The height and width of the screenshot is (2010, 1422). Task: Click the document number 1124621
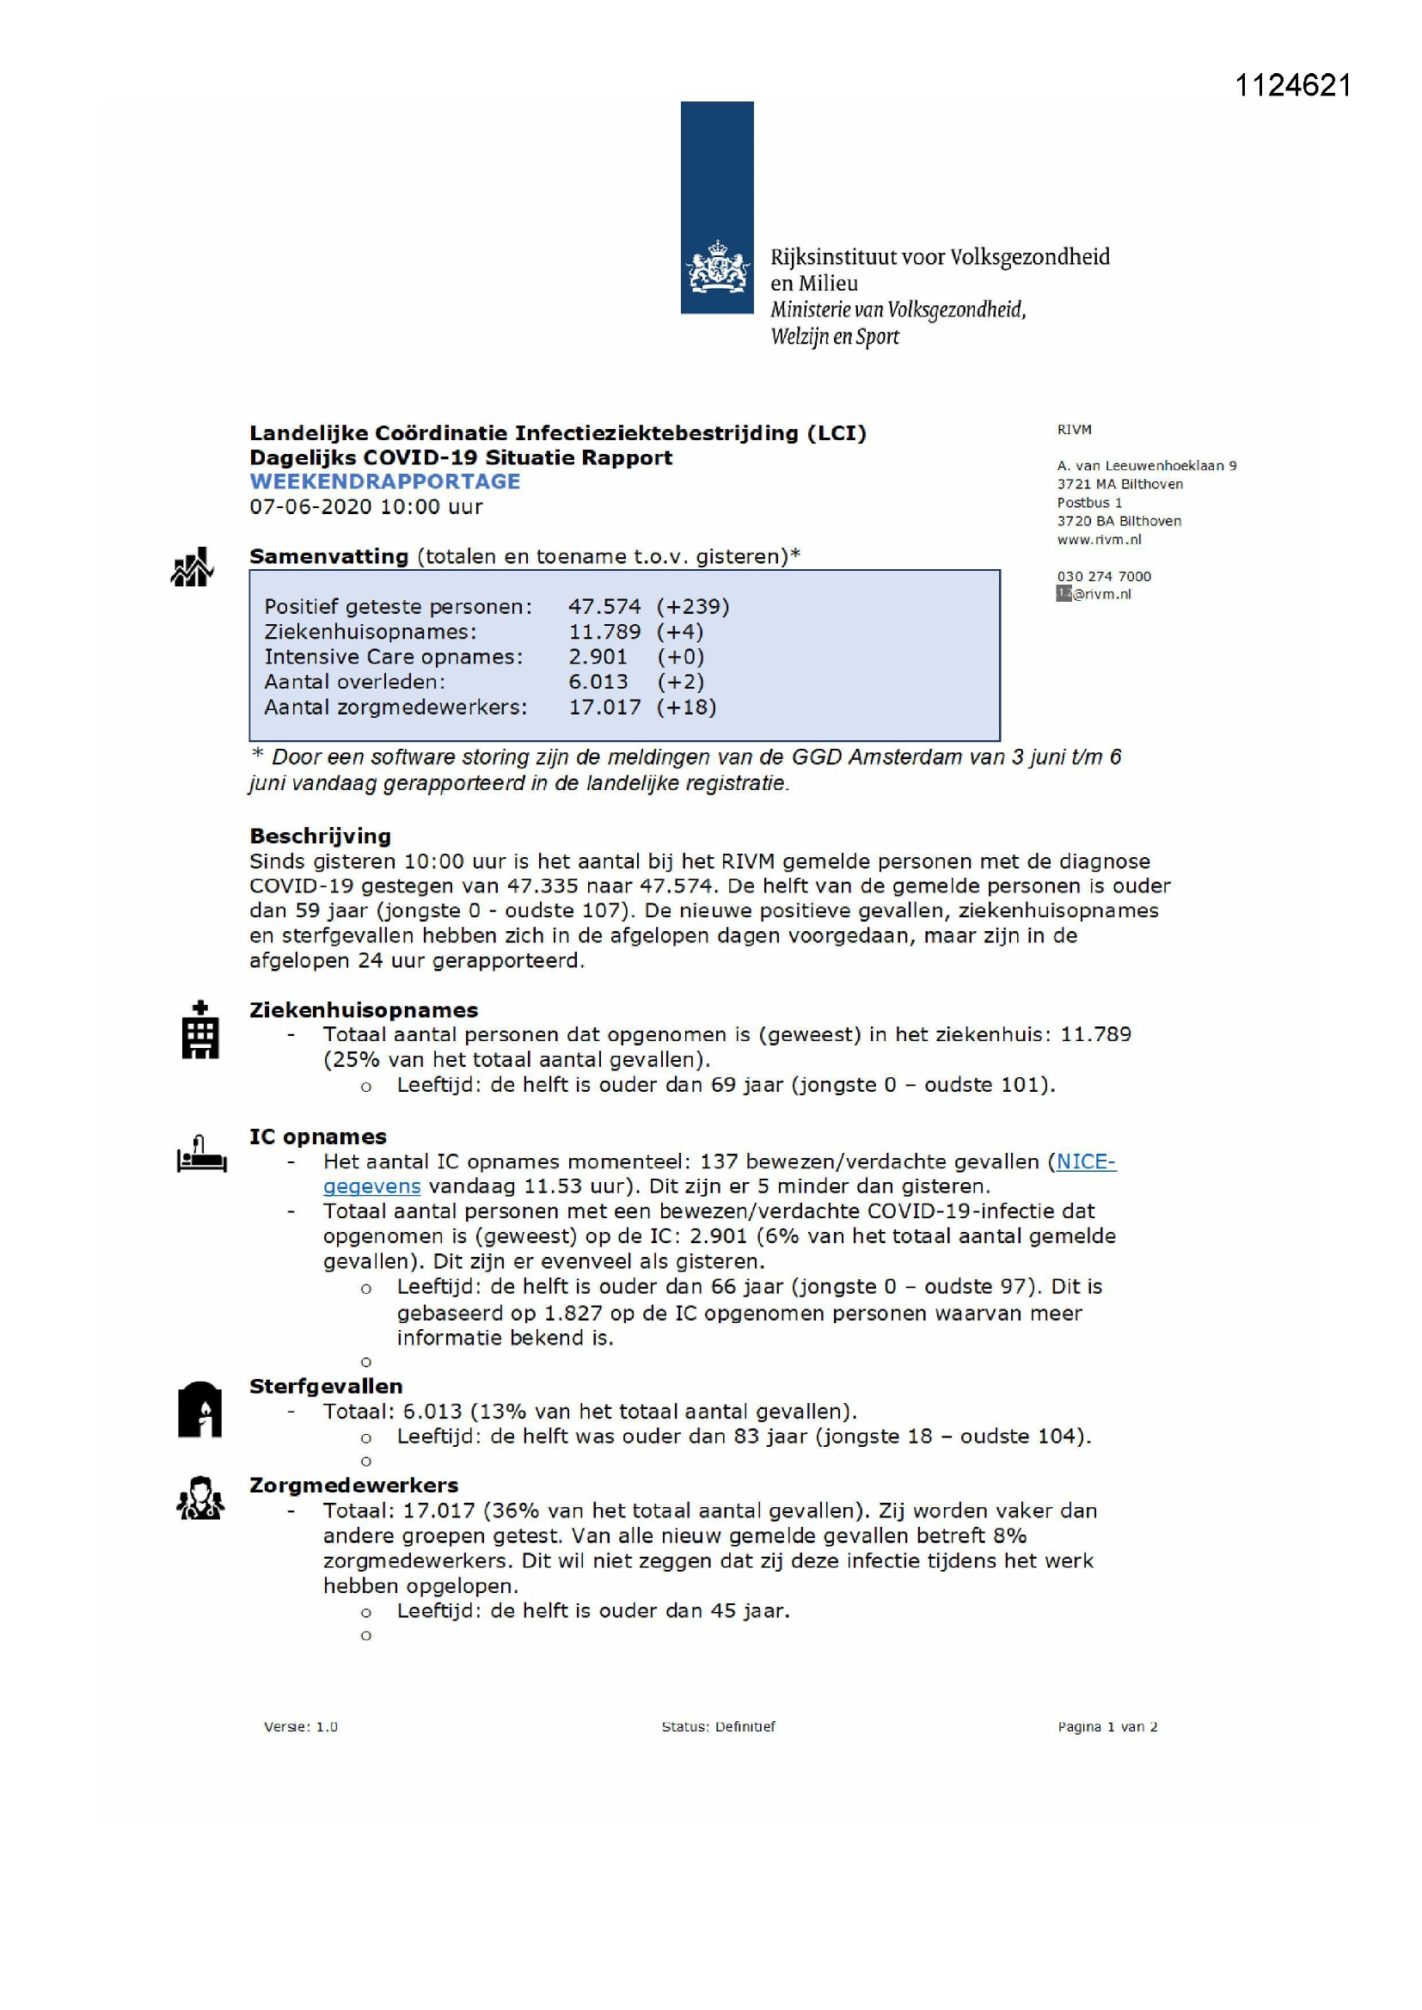[1292, 86]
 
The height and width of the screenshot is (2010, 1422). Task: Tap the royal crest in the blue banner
[717, 269]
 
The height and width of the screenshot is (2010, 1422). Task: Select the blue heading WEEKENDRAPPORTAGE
[384, 481]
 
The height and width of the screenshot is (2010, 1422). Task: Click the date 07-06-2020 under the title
[303, 507]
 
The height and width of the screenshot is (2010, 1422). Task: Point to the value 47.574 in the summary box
[604, 607]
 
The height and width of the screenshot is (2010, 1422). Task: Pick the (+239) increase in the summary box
[693, 607]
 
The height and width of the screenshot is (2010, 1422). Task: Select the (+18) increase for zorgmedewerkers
[686, 708]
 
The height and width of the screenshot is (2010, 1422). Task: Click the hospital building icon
[199, 1031]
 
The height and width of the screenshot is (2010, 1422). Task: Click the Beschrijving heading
[321, 836]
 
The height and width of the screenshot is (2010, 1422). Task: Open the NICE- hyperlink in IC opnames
[1086, 1161]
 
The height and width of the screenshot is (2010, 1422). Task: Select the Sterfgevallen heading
[326, 1387]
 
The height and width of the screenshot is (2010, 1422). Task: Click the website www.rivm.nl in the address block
[1099, 540]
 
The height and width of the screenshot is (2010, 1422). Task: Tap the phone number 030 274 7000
[1103, 576]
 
